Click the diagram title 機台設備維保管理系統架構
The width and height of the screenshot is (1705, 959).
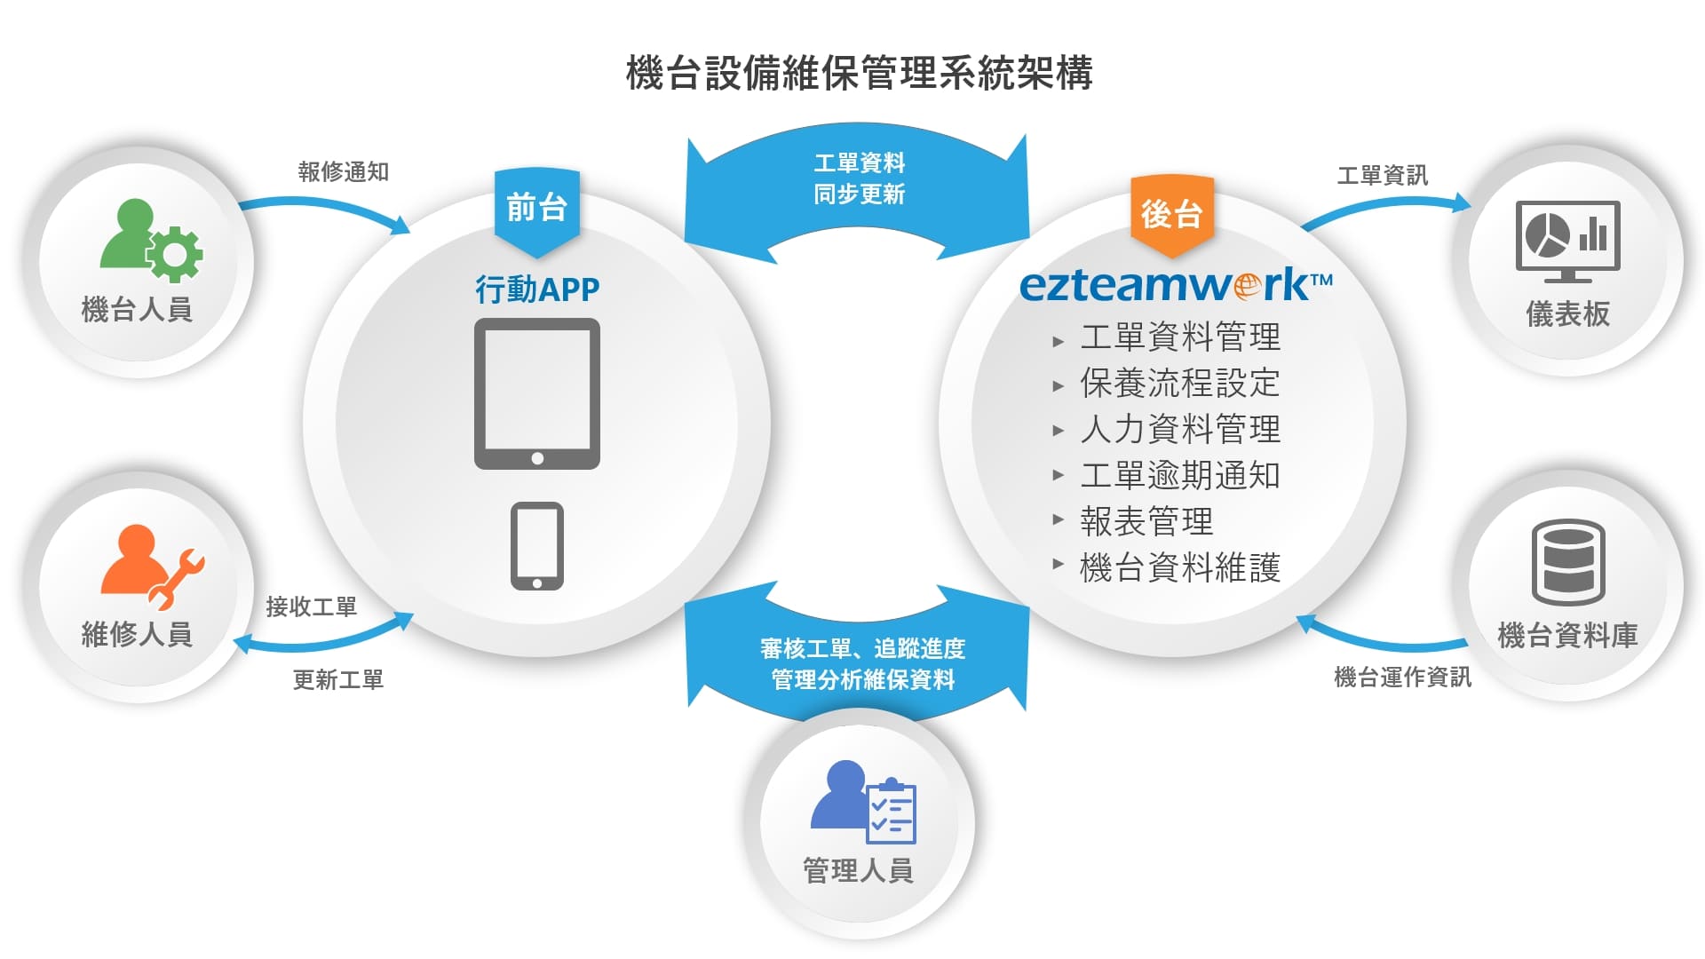859,73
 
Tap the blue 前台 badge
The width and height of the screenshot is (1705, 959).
536,208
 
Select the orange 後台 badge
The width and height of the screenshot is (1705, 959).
1171,214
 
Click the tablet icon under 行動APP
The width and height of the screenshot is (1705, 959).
536,393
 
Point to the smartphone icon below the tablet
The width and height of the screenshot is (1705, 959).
536,545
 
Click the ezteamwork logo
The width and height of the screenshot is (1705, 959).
1175,285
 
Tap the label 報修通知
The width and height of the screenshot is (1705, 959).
344,171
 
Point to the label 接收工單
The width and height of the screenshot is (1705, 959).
311,606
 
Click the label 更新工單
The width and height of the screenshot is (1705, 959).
337,679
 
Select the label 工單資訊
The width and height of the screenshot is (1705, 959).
1382,175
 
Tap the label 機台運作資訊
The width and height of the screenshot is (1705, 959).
1402,677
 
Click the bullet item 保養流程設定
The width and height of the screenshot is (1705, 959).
1179,384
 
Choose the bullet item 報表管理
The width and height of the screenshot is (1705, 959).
1146,521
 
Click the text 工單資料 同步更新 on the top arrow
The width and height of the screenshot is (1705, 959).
859,178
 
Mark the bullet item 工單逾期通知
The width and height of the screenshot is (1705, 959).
1179,476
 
